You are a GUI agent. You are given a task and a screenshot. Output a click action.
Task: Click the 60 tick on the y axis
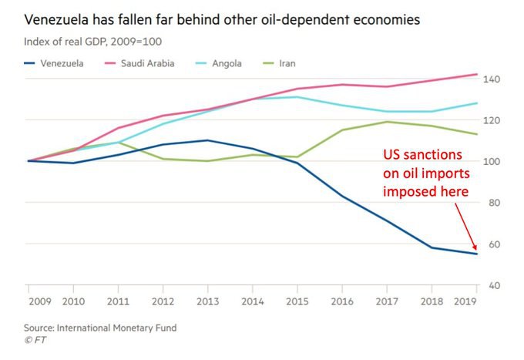coord(492,244)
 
